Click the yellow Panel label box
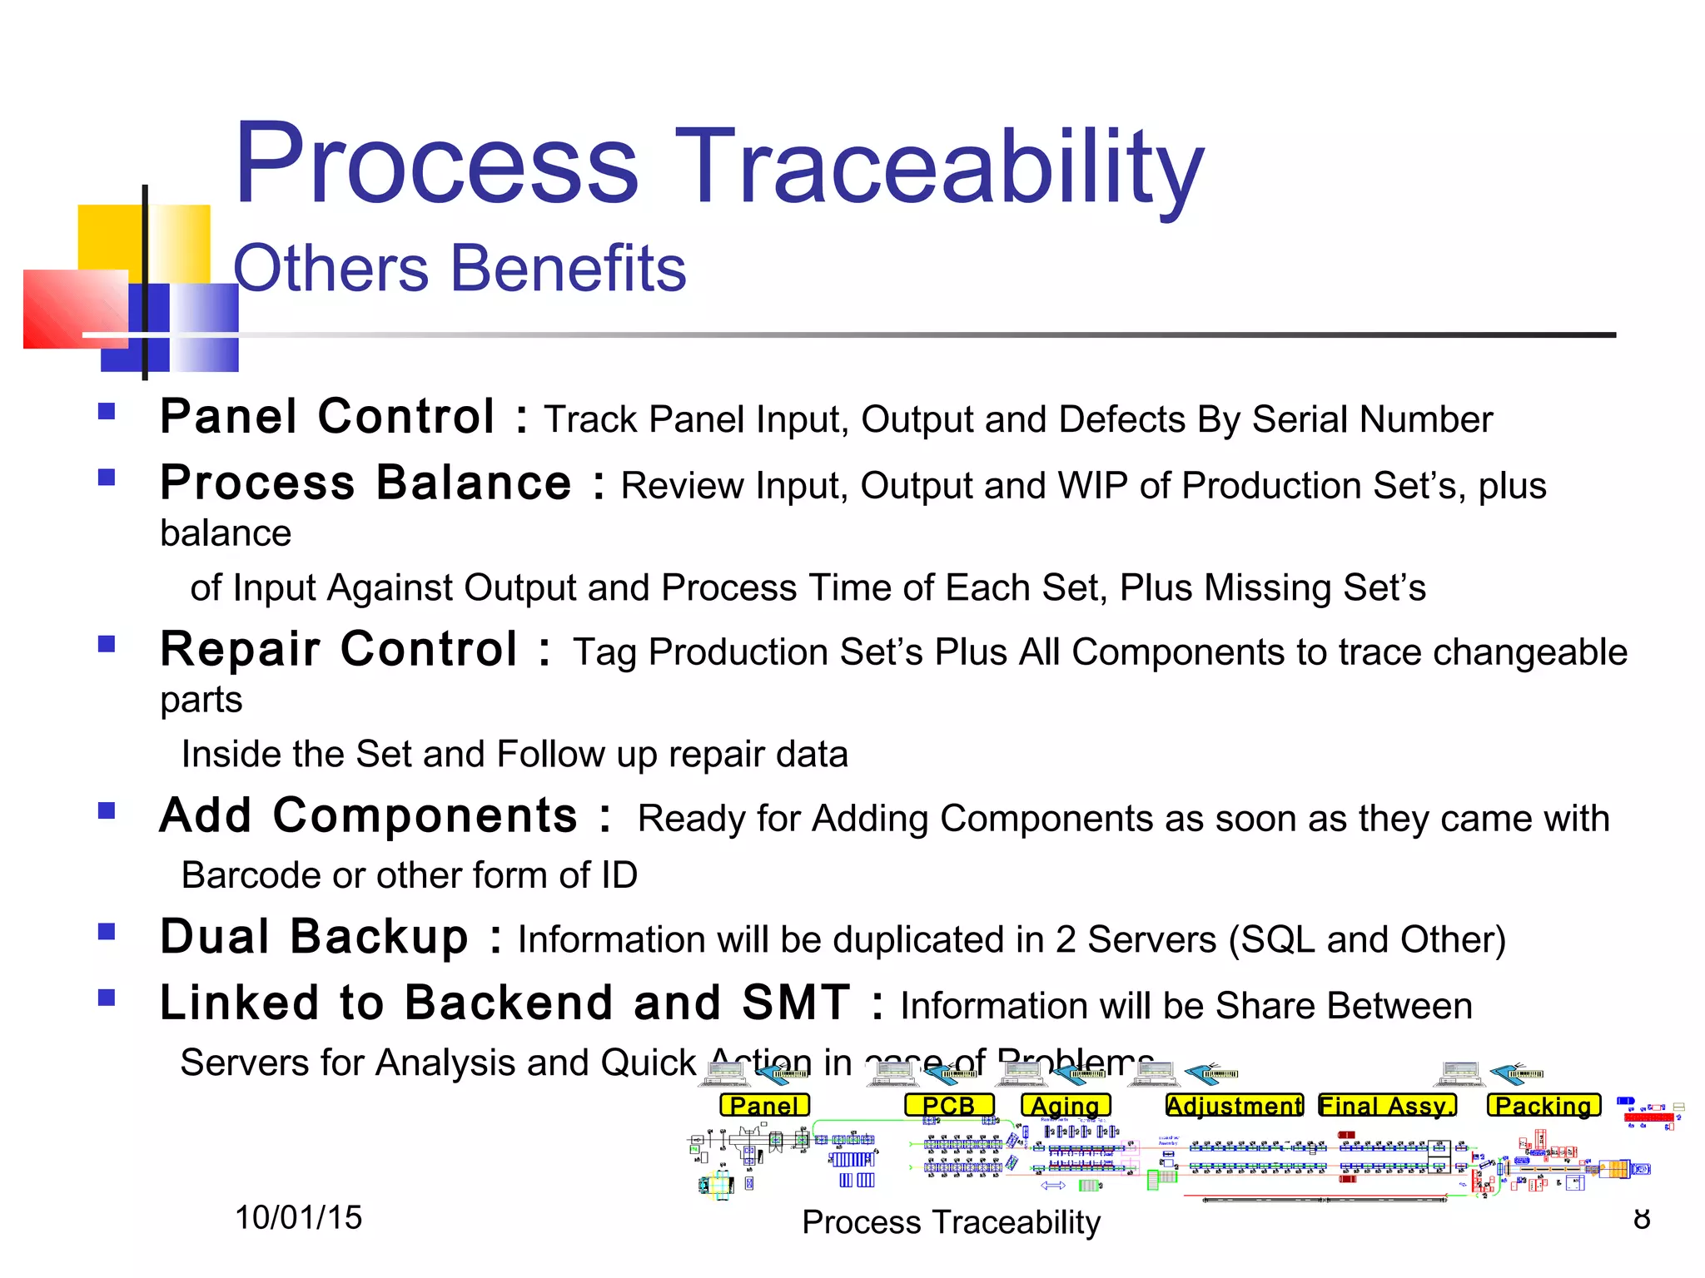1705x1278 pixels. pyautogui.click(x=764, y=1105)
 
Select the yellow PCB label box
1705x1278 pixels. pyautogui.click(x=949, y=1105)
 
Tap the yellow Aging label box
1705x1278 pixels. pyautogui.click(x=1066, y=1105)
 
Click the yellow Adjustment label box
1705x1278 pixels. pyautogui.click(x=1235, y=1105)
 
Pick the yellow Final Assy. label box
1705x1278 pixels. pyautogui.click(x=1387, y=1105)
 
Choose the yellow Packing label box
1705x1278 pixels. pyautogui.click(x=1543, y=1105)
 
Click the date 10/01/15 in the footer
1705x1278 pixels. pyautogui.click(x=298, y=1217)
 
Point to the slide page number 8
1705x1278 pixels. pyautogui.click(x=1641, y=1218)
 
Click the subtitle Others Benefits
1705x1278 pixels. pyautogui.click(x=460, y=268)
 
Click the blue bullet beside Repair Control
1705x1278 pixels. pyautogui.click(x=107, y=644)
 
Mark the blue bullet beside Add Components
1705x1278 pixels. pyautogui.click(x=107, y=810)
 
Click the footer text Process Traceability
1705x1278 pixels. pyautogui.click(x=951, y=1221)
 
